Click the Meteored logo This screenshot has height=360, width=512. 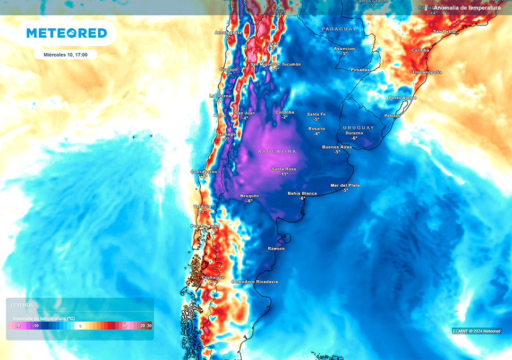click(67, 33)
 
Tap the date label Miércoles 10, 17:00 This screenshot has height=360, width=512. click(65, 54)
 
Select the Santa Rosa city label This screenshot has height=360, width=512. click(284, 169)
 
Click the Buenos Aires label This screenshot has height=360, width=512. click(337, 147)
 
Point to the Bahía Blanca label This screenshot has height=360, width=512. click(302, 193)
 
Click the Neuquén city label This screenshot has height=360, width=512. click(250, 195)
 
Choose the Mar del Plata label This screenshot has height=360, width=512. click(345, 185)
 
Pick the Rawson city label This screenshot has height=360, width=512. click(276, 248)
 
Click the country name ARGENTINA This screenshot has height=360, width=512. click(277, 151)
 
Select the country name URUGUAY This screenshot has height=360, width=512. click(359, 127)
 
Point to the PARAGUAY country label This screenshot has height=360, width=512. click(338, 28)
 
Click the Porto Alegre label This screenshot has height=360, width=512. click(402, 98)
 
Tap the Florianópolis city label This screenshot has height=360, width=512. click(426, 72)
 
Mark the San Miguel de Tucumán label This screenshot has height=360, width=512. click(275, 64)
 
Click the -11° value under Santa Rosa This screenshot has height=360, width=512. click(284, 174)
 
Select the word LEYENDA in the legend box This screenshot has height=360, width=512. click(22, 305)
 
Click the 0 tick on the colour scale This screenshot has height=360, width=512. click(80, 326)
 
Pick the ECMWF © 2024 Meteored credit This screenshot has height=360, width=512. click(476, 331)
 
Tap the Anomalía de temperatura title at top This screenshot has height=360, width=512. click(467, 8)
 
